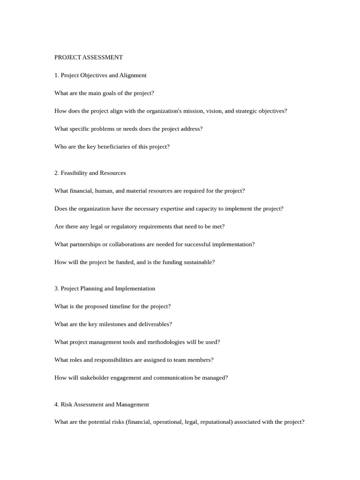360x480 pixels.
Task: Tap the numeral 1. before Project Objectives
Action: [57, 75]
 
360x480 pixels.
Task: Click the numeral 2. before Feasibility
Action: [57, 173]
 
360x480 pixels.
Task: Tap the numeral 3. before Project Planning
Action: [57, 289]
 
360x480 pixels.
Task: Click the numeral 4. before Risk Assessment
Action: [57, 405]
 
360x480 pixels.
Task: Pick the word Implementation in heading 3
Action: [135, 289]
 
